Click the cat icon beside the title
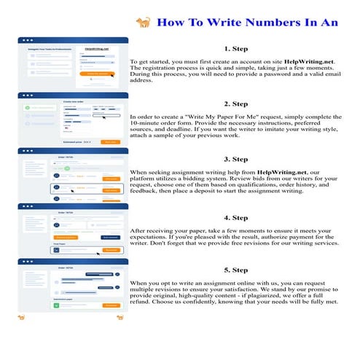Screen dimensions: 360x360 (x=144, y=23)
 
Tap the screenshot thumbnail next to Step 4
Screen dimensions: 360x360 (x=73, y=229)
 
